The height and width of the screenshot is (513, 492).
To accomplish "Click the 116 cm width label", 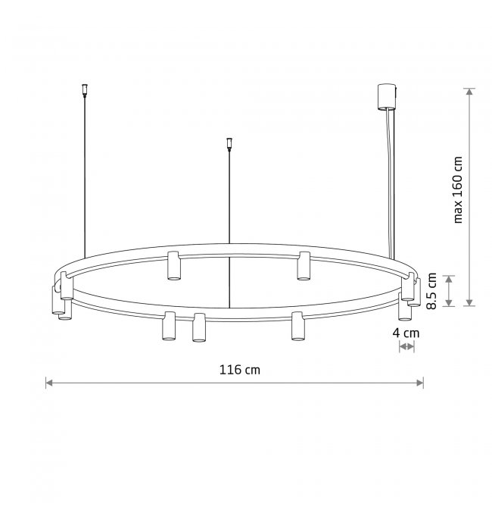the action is point(240,370).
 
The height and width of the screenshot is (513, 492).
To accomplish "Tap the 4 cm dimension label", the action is point(406,333).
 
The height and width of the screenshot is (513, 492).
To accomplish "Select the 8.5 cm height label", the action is point(431,291).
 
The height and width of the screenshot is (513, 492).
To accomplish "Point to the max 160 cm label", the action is point(458,189).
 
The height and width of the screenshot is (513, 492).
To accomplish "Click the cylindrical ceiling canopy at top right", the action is point(388,97).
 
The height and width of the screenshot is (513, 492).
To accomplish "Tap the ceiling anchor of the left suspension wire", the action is point(85,91).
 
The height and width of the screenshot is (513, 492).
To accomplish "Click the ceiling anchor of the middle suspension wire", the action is point(229,144).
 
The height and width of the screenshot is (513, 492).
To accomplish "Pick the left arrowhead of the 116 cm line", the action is point(49,383).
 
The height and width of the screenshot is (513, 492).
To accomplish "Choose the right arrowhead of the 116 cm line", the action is point(420,383).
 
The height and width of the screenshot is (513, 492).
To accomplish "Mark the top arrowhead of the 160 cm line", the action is point(470,92).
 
